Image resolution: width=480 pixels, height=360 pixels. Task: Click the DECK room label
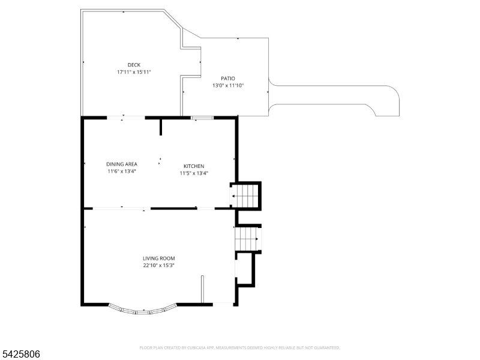(134, 65)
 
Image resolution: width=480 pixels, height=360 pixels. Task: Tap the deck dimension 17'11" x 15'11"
(134, 72)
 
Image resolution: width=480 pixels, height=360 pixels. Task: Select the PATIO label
(228, 78)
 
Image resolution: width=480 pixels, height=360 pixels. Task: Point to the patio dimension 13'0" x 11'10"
(228, 85)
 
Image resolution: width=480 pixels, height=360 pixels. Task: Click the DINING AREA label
(122, 164)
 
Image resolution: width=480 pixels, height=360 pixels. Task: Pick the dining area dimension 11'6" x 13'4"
(122, 171)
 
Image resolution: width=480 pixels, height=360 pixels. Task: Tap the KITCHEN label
(194, 166)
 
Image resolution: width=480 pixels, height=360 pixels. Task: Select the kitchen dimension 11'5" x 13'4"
(194, 173)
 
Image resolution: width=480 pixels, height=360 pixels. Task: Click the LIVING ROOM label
(159, 258)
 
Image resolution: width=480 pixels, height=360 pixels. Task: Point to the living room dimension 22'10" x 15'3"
(159, 265)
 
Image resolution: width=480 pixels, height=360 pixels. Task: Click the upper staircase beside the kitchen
(247, 196)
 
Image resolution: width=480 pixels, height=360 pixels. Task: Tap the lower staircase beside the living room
(247, 238)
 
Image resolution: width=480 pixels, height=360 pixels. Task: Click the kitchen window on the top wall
(202, 118)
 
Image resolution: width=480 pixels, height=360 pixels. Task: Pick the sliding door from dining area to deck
(125, 118)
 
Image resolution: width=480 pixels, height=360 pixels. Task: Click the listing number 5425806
(21, 355)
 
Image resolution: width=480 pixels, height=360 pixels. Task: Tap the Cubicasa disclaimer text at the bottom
(240, 347)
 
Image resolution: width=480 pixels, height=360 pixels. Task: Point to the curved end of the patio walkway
(390, 105)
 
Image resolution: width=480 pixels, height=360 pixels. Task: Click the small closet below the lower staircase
(246, 268)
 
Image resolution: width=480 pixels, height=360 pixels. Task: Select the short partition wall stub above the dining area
(161, 128)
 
